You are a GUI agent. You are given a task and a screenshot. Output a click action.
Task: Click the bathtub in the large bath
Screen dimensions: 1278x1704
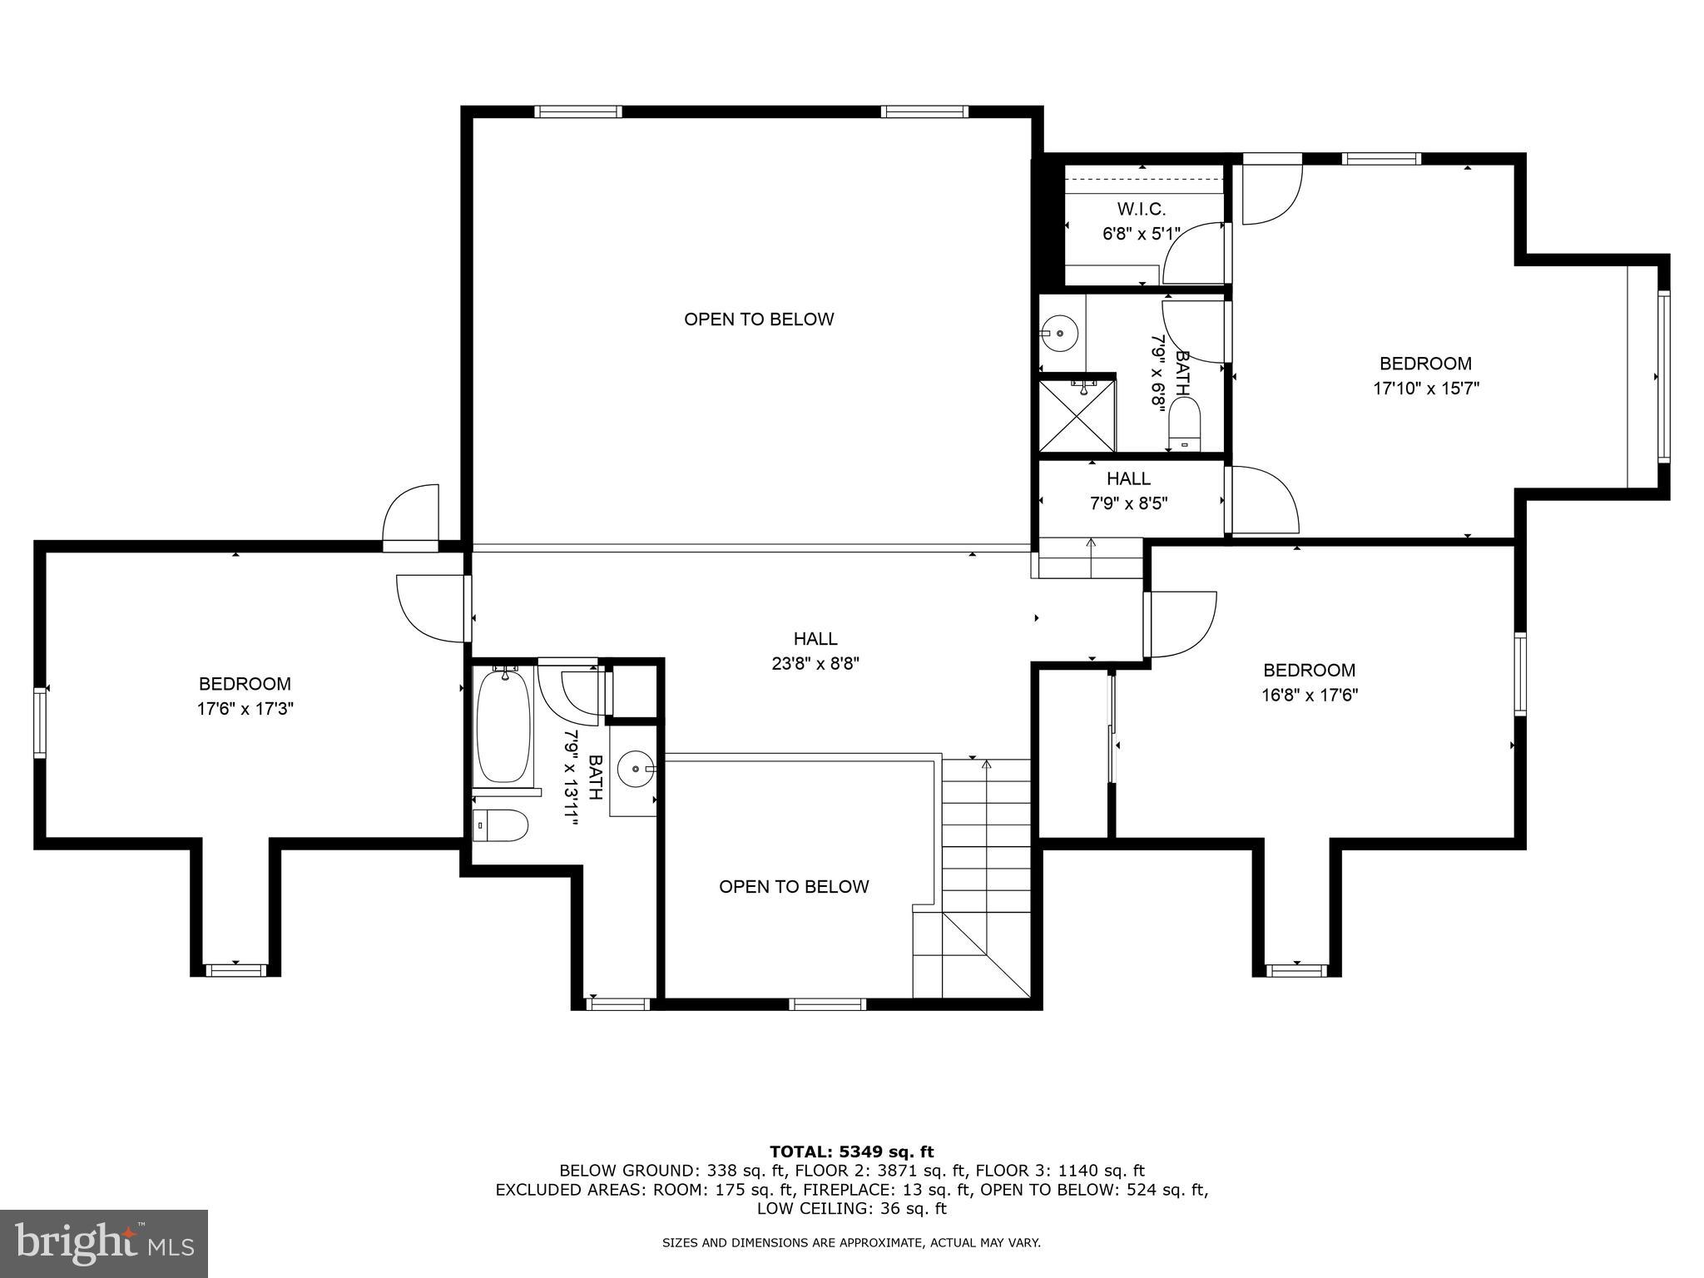click(x=503, y=727)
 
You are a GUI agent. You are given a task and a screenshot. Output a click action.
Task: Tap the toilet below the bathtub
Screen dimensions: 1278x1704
click(x=501, y=826)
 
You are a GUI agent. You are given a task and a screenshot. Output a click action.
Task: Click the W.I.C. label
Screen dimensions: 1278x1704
click(x=1141, y=210)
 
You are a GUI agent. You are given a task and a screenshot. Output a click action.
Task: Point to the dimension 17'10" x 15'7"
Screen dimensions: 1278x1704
click(x=1425, y=389)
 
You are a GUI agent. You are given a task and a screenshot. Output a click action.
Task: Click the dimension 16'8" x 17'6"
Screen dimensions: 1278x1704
click(x=1309, y=695)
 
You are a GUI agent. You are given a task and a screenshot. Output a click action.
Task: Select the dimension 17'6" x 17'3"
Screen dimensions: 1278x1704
click(x=245, y=709)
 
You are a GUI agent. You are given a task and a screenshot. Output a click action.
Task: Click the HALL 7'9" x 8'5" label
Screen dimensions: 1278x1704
click(x=1128, y=491)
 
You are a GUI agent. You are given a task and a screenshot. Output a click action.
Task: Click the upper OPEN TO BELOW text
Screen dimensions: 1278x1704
click(x=758, y=319)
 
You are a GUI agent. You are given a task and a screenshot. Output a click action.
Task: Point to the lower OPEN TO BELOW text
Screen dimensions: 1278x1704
click(x=794, y=887)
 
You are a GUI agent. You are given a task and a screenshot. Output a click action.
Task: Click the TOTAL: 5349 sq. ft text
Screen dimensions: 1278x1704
click(x=851, y=1152)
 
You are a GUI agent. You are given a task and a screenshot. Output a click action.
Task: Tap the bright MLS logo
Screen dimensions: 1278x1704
click(x=103, y=1243)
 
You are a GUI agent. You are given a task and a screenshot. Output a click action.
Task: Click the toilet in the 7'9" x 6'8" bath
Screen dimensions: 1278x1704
click(x=1185, y=422)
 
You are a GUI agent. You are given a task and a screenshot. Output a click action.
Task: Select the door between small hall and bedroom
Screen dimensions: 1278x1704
click(x=1263, y=499)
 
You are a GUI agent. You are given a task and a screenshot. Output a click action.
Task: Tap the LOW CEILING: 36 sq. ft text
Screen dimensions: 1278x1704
click(x=851, y=1208)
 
